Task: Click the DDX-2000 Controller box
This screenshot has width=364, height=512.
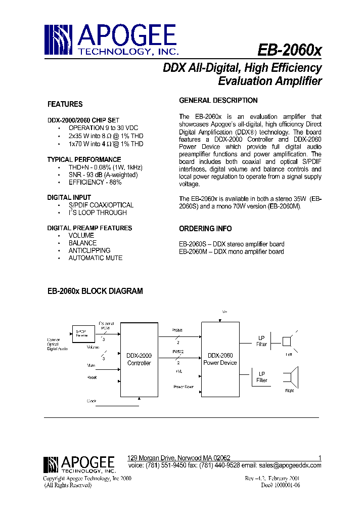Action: tap(139, 359)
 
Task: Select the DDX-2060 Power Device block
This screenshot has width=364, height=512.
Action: tap(220, 359)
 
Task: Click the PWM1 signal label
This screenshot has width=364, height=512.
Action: tap(178, 331)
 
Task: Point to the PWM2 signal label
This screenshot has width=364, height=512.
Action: tap(178, 351)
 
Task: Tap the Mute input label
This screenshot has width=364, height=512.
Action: tap(92, 364)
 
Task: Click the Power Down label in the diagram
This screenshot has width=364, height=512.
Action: tap(183, 387)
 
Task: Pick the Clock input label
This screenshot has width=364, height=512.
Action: tap(92, 401)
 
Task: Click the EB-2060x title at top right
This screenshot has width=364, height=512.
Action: tap(289, 51)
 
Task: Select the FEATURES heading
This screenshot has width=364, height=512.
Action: tap(65, 104)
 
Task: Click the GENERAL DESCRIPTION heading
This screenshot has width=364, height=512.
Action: tap(218, 100)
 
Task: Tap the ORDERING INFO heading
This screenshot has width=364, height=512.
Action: tap(205, 229)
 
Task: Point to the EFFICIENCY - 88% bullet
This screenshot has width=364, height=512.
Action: tap(95, 182)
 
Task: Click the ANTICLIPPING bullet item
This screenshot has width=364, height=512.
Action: tap(89, 250)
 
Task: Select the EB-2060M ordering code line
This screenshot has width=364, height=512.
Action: tap(231, 251)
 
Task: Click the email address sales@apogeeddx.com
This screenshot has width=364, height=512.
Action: tap(290, 465)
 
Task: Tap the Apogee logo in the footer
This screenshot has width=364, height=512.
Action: tap(78, 463)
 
